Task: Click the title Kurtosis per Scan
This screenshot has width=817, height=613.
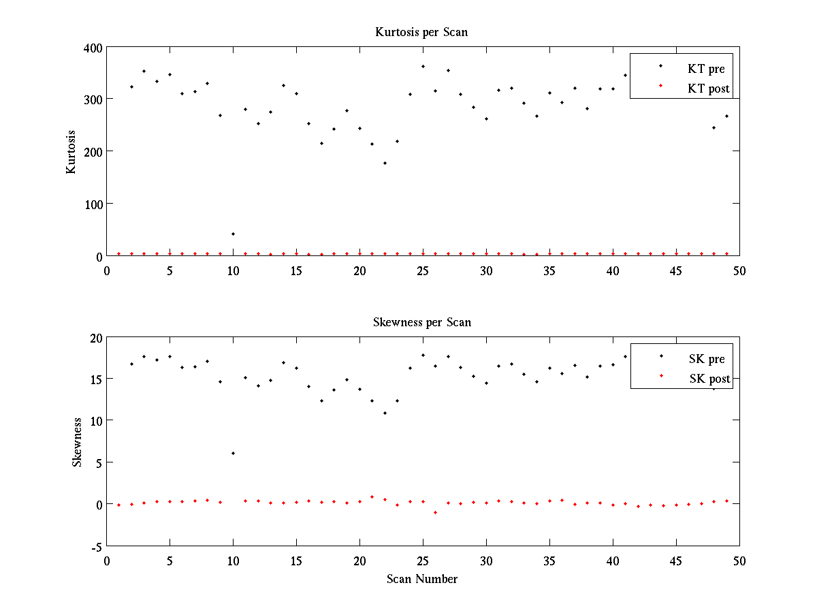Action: (421, 32)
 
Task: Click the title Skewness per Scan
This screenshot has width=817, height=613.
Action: (421, 321)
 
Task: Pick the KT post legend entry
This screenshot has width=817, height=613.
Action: (709, 88)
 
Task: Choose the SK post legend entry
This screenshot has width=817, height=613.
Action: (709, 379)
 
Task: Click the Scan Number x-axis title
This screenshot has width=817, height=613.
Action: (422, 579)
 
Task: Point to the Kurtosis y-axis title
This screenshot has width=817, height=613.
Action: (71, 152)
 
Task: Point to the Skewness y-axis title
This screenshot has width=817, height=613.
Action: (77, 442)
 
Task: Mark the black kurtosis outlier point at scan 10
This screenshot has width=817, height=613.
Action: (233, 234)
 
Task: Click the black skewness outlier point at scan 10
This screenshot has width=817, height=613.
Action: (233, 454)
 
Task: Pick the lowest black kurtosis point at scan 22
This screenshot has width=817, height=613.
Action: (385, 163)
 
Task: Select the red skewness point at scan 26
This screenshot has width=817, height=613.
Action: (435, 512)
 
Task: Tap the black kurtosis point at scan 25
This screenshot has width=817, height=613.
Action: (423, 67)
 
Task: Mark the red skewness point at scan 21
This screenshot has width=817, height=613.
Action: (372, 497)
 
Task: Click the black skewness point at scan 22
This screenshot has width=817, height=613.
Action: (385, 413)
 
